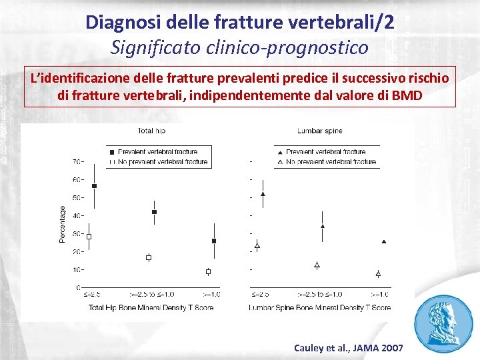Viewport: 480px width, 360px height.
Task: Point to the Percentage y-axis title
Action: pos(63,224)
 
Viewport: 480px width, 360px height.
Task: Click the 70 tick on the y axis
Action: pos(77,161)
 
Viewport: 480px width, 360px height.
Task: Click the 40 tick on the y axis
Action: pos(77,215)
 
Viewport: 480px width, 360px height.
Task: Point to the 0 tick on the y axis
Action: pos(79,288)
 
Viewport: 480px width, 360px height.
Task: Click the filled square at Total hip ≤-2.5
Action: pos(94,186)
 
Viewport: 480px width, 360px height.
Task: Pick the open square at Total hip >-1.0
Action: pos(208,271)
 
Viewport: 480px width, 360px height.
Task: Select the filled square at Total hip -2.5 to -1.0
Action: pos(155,212)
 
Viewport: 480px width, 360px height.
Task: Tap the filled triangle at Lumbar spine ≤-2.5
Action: pos(263,194)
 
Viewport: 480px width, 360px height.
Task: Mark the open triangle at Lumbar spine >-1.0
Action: pos(378,273)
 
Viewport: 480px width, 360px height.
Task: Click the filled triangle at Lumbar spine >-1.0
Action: pos(383,241)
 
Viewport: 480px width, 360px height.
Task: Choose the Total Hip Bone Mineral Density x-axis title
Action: pos(151,307)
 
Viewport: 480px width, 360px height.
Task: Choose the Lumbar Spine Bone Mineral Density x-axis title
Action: pos(320,307)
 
